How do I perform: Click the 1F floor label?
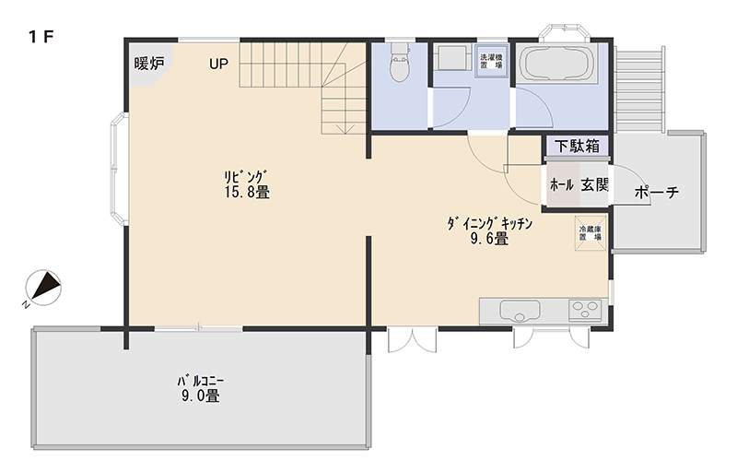pyautogui.click(x=41, y=37)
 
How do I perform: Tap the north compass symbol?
pyautogui.click(x=44, y=288)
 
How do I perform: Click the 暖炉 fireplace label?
pyautogui.click(x=149, y=63)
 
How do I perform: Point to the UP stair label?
pyautogui.click(x=218, y=64)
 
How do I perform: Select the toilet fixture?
pyautogui.click(x=400, y=63)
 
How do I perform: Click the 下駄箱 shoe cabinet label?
pyautogui.click(x=577, y=147)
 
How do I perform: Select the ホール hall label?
pyautogui.click(x=562, y=184)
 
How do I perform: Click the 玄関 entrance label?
pyautogui.click(x=595, y=184)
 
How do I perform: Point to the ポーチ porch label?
pyautogui.click(x=657, y=192)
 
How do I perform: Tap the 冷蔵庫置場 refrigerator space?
pyautogui.click(x=590, y=233)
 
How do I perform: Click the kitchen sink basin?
pyautogui.click(x=520, y=311)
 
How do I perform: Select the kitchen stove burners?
pyautogui.click(x=585, y=311)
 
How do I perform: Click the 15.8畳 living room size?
pyautogui.click(x=247, y=193)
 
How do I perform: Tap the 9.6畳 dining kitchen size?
pyautogui.click(x=489, y=239)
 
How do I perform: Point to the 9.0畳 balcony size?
pyautogui.click(x=201, y=395)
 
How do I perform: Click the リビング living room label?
pyautogui.click(x=246, y=177)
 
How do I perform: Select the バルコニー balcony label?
pyautogui.click(x=201, y=381)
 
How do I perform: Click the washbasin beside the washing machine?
pyautogui.click(x=450, y=58)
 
